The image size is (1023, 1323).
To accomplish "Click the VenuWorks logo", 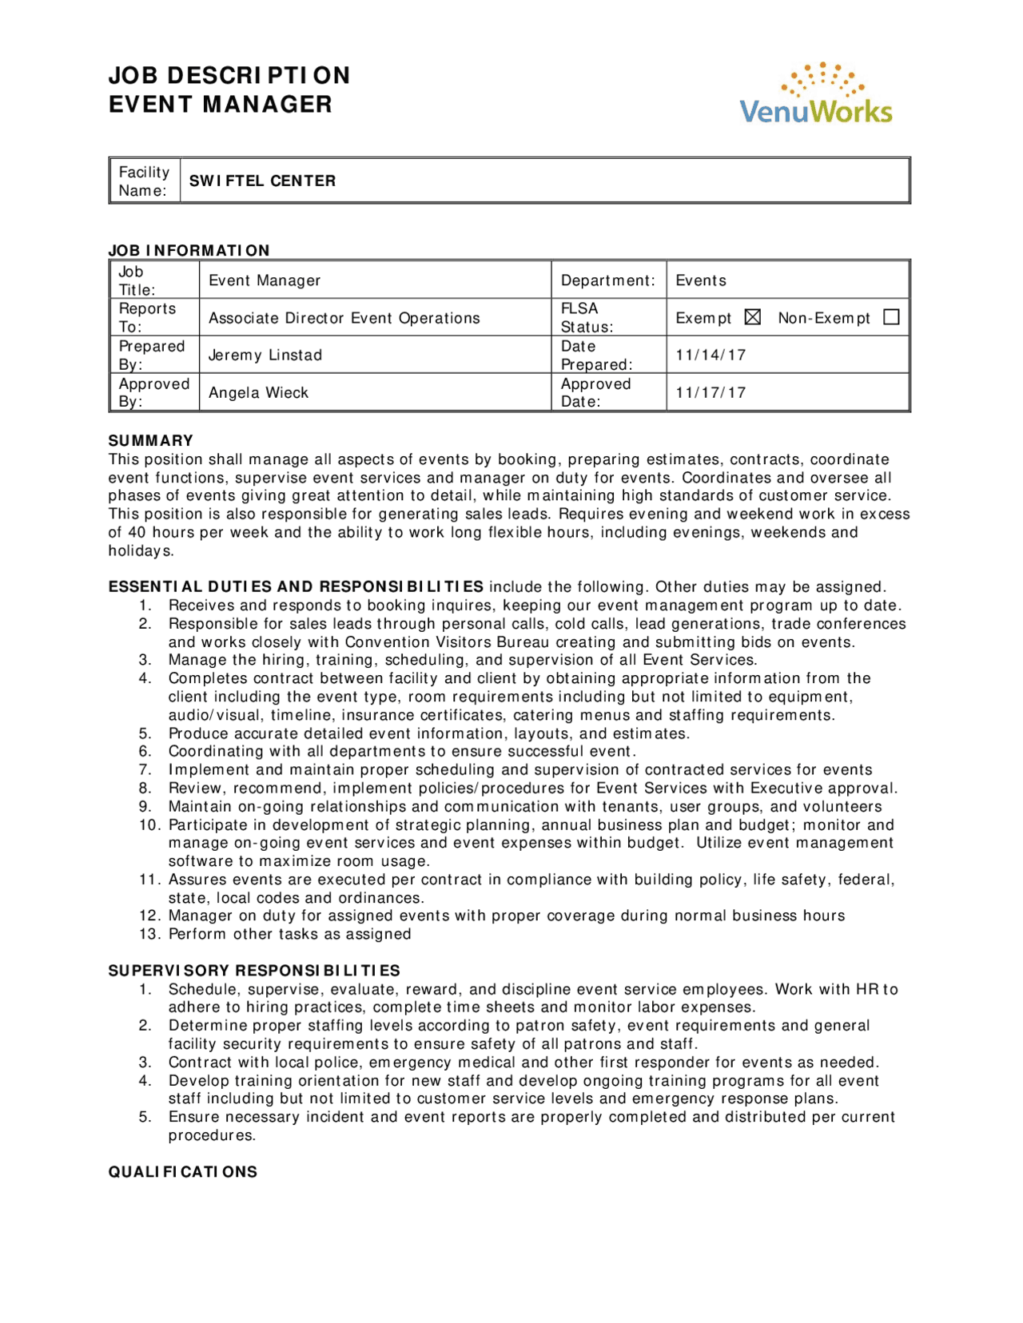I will (816, 93).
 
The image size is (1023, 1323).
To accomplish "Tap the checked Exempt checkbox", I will (752, 317).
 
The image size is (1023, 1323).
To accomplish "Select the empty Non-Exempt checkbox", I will (891, 317).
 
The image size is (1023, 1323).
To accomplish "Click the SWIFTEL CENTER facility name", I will (262, 181).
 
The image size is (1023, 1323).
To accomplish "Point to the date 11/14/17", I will (711, 355).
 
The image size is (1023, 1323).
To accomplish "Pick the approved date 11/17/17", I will (711, 392).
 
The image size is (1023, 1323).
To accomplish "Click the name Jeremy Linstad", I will (265, 355).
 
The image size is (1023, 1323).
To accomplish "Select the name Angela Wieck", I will (258, 392).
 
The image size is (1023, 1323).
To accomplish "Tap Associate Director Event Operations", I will (344, 318).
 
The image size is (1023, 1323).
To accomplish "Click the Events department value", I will (701, 280).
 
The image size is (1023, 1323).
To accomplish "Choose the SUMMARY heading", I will (151, 440).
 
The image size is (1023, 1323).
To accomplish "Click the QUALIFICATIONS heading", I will (183, 1172).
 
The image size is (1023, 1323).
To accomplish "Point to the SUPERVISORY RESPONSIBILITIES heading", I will (254, 971).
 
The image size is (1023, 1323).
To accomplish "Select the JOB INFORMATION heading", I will (189, 250).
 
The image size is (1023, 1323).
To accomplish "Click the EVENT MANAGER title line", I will (221, 105).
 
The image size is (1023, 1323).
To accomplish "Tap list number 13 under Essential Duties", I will (149, 934).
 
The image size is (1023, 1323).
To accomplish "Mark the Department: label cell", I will (607, 280).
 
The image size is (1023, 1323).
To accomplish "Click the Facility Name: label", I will (144, 181).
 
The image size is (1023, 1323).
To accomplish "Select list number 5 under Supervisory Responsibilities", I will (145, 1117).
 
